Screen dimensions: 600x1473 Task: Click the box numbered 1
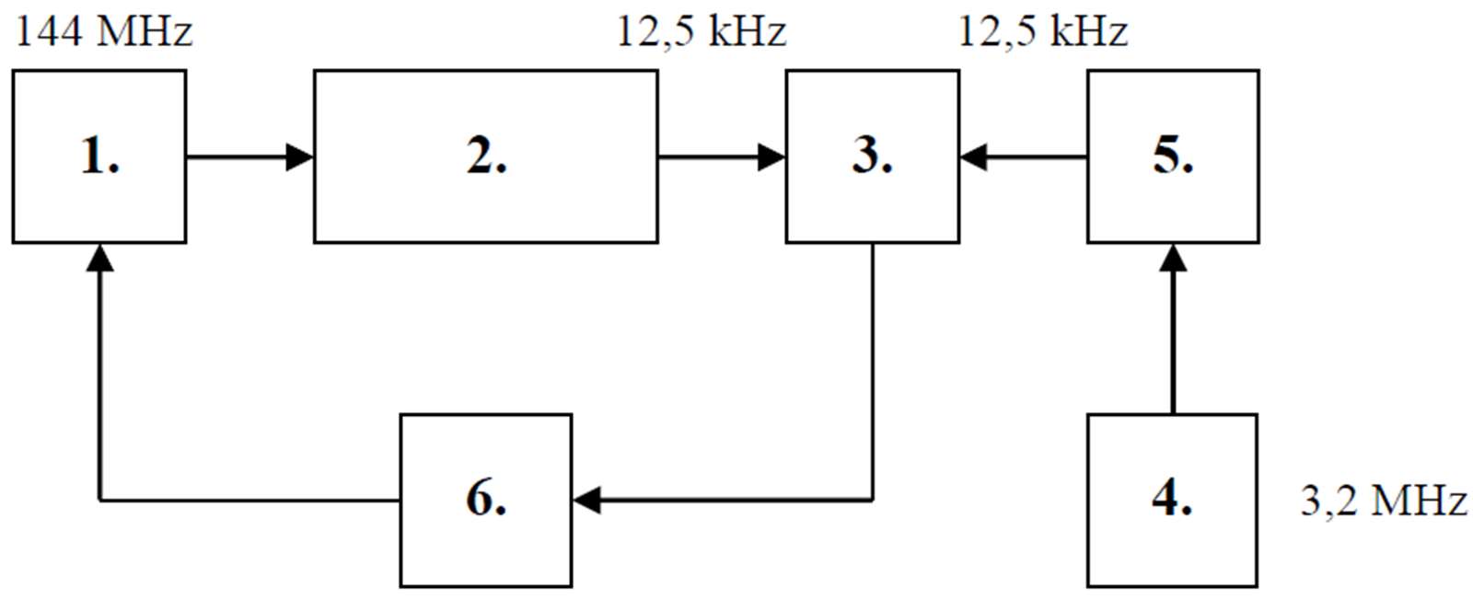pyautogui.click(x=99, y=156)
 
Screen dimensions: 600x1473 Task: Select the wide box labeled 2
pyautogui.click(x=485, y=156)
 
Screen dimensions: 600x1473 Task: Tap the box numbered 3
pyautogui.click(x=872, y=156)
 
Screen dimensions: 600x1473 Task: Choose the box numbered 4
pyautogui.click(x=1172, y=500)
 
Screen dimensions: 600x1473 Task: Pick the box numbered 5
pyautogui.click(x=1173, y=156)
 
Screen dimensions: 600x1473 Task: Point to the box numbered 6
pyautogui.click(x=485, y=500)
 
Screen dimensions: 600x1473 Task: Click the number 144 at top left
pyautogui.click(x=50, y=31)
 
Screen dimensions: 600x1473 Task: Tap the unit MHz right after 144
pyautogui.click(x=144, y=31)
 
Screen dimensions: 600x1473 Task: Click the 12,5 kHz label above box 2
pyautogui.click(x=701, y=31)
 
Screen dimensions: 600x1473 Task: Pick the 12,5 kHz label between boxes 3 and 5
pyautogui.click(x=1042, y=31)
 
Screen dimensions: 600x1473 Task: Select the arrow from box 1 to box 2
pyautogui.click(x=249, y=157)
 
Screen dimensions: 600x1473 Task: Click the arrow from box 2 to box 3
pyautogui.click(x=721, y=157)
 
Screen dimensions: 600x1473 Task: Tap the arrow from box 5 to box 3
pyautogui.click(x=1023, y=157)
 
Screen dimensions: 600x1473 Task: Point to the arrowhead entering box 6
pyautogui.click(x=586, y=500)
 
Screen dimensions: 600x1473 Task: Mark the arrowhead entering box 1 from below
pyautogui.click(x=99, y=258)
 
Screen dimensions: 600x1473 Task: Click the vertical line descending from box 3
pyautogui.click(x=872, y=368)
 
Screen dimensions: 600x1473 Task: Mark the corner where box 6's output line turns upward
pyautogui.click(x=99, y=500)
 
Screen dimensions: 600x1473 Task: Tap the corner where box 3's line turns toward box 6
pyautogui.click(x=872, y=500)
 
